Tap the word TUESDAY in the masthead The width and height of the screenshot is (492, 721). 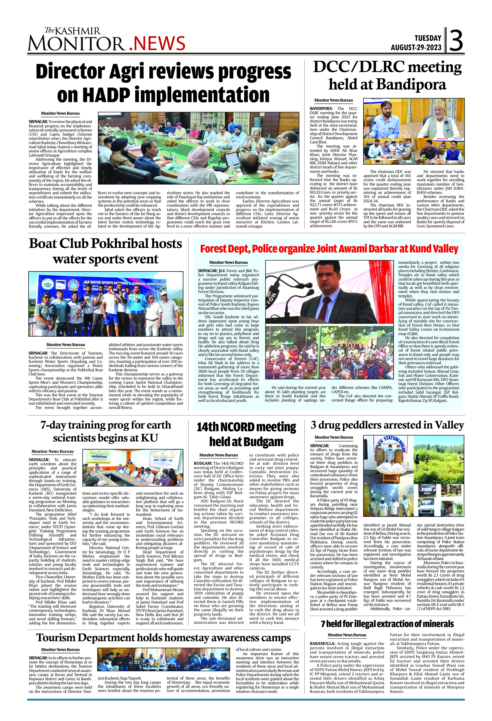tap(428, 38)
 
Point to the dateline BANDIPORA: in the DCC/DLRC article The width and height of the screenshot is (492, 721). tap(321, 109)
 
